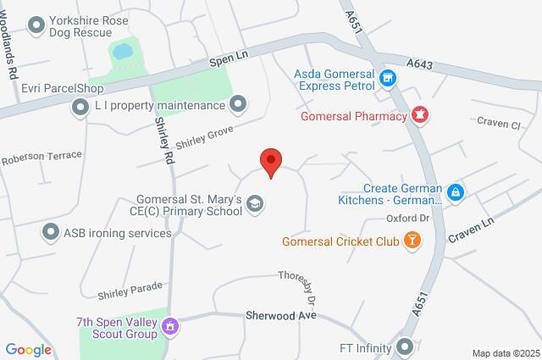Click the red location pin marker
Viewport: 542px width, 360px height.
click(x=270, y=162)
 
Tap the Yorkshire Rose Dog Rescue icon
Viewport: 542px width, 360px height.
click(x=36, y=25)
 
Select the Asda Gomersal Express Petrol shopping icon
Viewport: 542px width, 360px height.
click(x=389, y=79)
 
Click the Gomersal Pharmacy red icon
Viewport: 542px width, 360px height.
click(x=419, y=114)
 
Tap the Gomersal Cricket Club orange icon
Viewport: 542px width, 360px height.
click(x=412, y=241)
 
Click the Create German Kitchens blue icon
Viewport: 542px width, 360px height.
click(x=456, y=192)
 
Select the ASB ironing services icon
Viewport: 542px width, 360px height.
click(x=50, y=231)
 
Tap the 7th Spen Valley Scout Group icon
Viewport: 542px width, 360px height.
click(x=170, y=325)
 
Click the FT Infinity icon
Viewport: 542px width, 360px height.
click(x=406, y=346)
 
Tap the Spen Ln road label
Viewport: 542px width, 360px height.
click(x=229, y=59)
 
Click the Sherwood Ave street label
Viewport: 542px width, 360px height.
click(x=280, y=314)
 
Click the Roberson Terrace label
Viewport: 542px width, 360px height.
click(x=41, y=157)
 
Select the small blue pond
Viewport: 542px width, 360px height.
click(x=123, y=52)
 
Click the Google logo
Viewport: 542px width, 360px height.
click(x=28, y=350)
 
